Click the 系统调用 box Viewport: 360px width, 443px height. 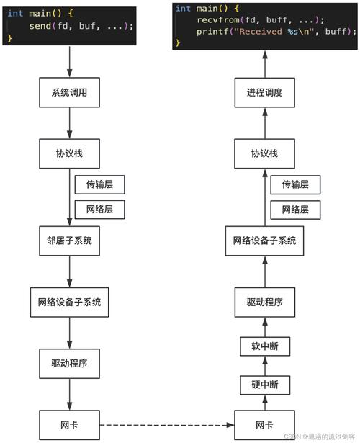pos(69,92)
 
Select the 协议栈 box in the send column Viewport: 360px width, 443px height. pos(69,153)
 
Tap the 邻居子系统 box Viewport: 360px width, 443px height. pos(69,241)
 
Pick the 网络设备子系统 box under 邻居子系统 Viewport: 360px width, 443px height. pos(69,303)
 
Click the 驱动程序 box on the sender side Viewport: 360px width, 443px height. pos(69,364)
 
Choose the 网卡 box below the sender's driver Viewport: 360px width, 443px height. pos(69,425)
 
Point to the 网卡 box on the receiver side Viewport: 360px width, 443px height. pos(264,425)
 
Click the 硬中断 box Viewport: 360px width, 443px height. pos(265,385)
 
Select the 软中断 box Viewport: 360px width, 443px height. pos(265,346)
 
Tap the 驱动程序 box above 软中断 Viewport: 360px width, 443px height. pos(265,303)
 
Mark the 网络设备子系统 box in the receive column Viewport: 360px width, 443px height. pos(264,241)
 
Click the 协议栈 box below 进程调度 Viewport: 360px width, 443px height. pos(264,153)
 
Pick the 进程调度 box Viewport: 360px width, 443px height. pos(264,92)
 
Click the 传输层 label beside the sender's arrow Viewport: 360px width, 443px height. pos(99,184)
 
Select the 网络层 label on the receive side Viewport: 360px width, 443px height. pos(295,210)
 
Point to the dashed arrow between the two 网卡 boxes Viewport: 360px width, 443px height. pos(167,425)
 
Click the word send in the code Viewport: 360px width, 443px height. pos(40,26)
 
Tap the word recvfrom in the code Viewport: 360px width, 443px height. pos(218,19)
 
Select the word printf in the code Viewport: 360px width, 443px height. pos(213,32)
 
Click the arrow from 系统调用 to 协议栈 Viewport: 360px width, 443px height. pos(69,123)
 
